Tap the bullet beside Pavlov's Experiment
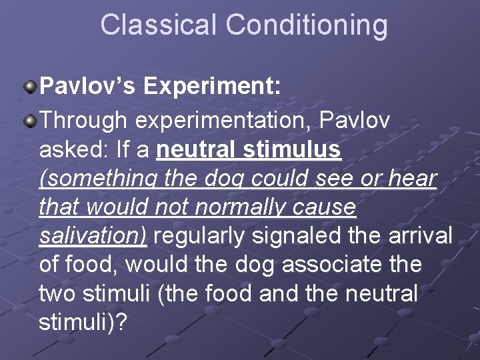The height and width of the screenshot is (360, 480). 30,86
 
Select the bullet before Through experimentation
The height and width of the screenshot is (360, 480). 30,121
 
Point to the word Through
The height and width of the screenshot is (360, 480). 84,121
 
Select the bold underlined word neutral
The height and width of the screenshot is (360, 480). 197,150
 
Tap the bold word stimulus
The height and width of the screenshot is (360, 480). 293,150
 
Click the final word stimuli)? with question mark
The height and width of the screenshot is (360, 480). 83,322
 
